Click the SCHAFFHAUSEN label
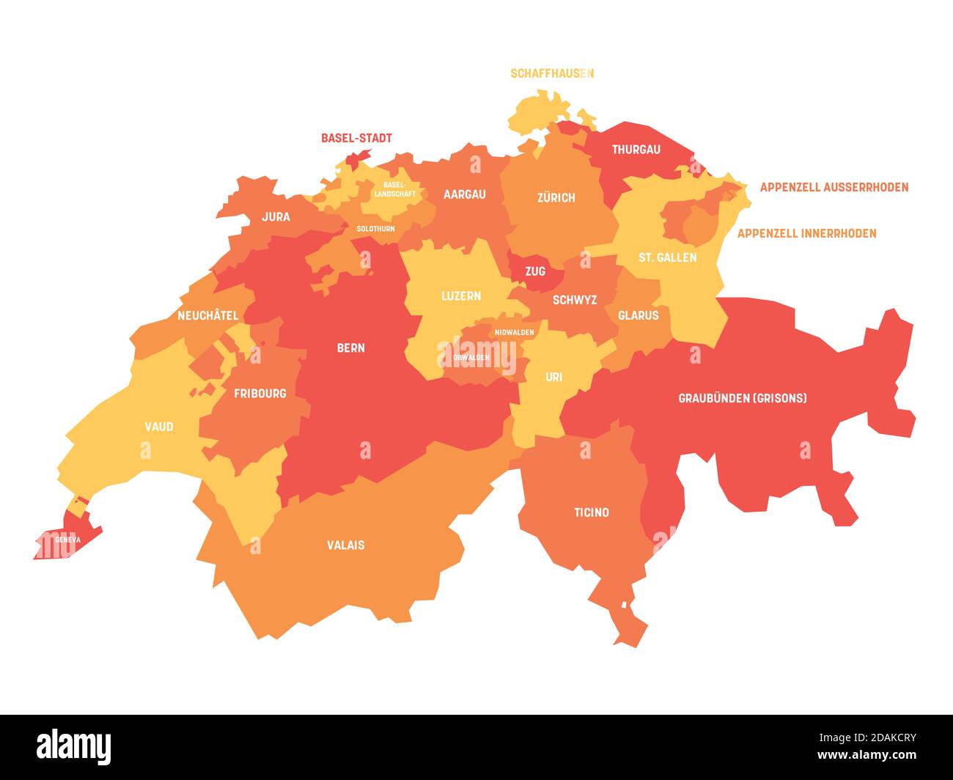tap(551, 73)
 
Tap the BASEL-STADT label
tap(356, 138)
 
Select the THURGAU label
tap(636, 150)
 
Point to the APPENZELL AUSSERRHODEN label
tap(834, 187)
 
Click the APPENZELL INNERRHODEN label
tap(806, 233)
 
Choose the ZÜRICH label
tap(556, 197)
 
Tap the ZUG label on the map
tap(535, 271)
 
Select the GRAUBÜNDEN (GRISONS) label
tap(742, 398)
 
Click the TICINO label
tap(591, 512)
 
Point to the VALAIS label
tap(345, 545)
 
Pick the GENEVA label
tap(67, 540)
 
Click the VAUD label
tap(159, 426)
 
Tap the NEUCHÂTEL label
tap(207, 315)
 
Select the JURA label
tap(276, 216)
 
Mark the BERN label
tap(350, 347)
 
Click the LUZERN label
tap(460, 295)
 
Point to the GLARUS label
tap(638, 315)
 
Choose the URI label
tap(553, 377)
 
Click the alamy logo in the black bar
tap(74, 746)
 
